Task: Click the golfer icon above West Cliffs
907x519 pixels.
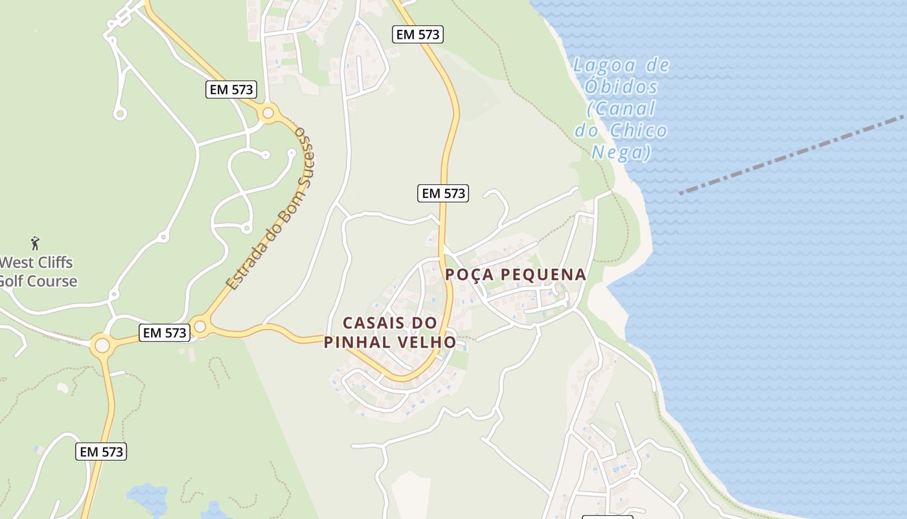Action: tap(35, 243)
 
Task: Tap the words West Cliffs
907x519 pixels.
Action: tap(37, 263)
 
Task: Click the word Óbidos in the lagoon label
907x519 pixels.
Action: tap(612, 87)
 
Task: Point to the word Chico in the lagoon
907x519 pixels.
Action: tap(637, 130)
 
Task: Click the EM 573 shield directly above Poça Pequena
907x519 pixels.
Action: tap(443, 193)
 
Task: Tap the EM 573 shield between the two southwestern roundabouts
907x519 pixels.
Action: tap(165, 333)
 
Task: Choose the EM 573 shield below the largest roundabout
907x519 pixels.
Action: tap(101, 452)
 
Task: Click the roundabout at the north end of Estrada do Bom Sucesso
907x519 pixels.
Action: tap(268, 114)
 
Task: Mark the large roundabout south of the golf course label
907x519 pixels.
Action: tap(102, 345)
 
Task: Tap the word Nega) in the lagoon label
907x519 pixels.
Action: tap(621, 152)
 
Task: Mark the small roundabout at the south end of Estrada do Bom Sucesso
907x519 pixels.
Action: tap(200, 326)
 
